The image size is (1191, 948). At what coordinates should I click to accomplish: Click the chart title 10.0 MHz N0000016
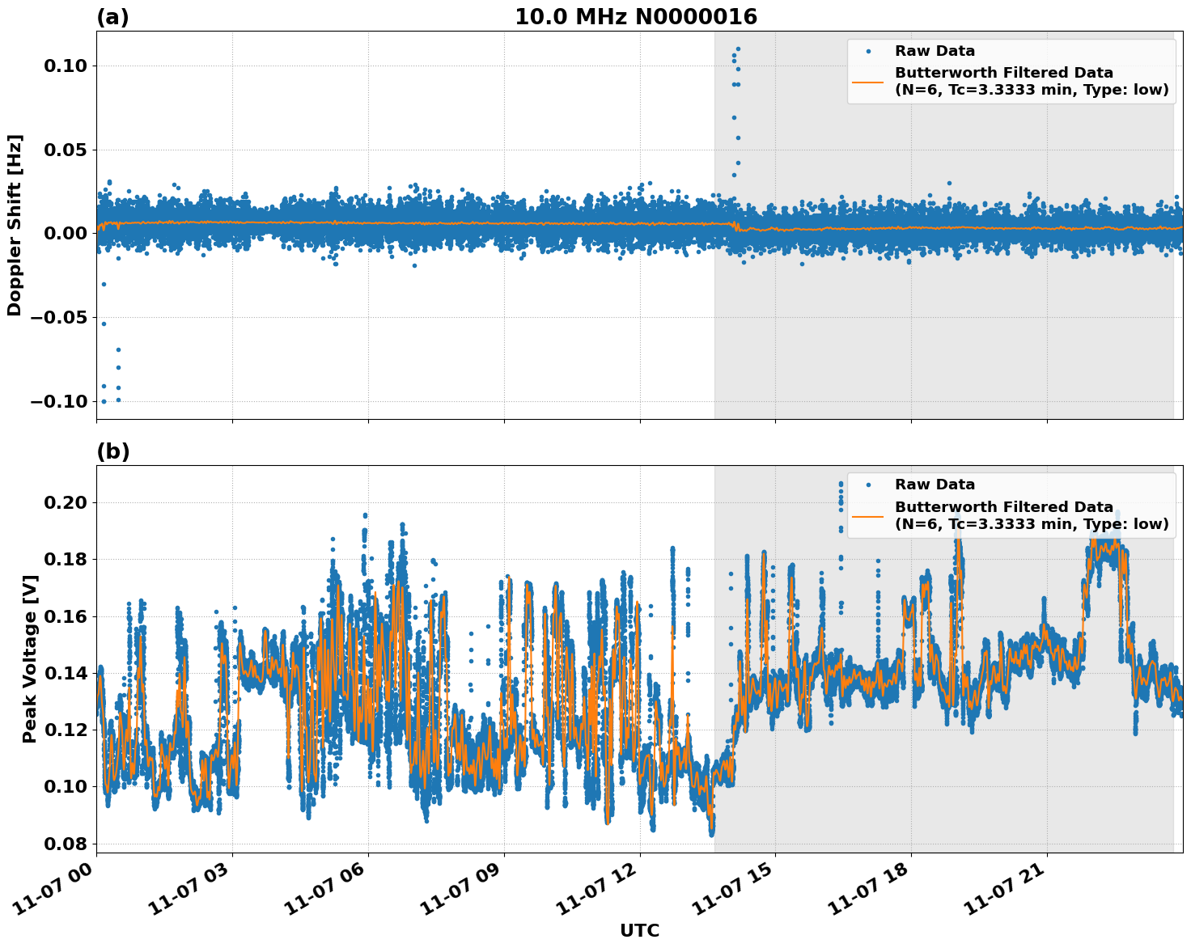click(636, 17)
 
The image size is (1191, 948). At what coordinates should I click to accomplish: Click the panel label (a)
click(112, 17)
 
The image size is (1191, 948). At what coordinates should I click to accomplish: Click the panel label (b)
click(112, 451)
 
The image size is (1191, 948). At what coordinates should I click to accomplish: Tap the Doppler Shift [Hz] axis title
click(15, 225)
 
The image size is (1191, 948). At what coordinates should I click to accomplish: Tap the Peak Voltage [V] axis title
click(30, 676)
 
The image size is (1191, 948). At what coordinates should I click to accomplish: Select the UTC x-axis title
click(639, 930)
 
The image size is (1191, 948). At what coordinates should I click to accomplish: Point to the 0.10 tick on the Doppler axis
click(64, 66)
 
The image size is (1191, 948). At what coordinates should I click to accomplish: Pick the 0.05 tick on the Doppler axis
click(64, 150)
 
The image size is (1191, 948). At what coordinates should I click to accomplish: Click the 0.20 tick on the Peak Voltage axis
click(64, 502)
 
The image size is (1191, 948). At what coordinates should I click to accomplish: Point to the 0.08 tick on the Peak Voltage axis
click(64, 844)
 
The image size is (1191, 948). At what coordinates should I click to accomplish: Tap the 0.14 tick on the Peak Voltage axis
click(64, 673)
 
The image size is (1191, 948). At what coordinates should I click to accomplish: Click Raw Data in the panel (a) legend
click(935, 51)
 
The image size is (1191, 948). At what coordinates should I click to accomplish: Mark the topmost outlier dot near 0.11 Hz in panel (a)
click(738, 49)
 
